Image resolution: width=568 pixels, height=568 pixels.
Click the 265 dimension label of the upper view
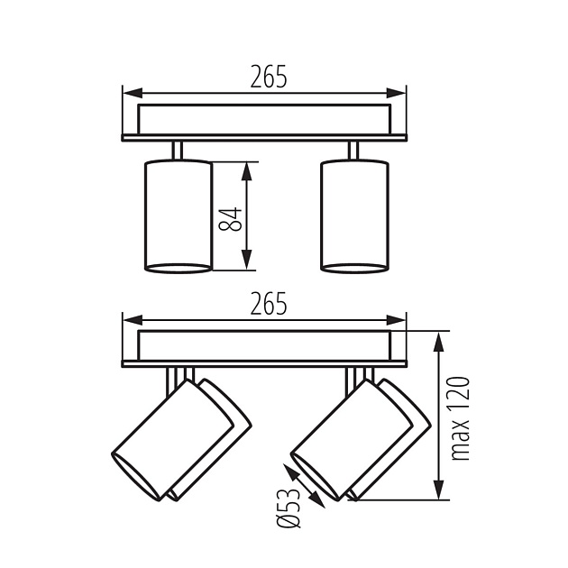coord(269,77)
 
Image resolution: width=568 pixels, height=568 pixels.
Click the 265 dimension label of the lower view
coord(269,303)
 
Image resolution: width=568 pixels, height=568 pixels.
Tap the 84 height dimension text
coord(231,219)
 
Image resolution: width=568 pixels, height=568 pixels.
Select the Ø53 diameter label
coord(289,508)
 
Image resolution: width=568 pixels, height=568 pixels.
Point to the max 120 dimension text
coord(460,418)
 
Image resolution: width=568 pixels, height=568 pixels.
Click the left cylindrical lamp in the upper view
coord(179,215)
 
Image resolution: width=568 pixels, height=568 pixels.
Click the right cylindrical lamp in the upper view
coord(355,215)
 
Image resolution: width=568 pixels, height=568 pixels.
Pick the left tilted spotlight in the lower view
coord(181,439)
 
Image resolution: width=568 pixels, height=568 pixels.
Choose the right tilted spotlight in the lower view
coord(361,439)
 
